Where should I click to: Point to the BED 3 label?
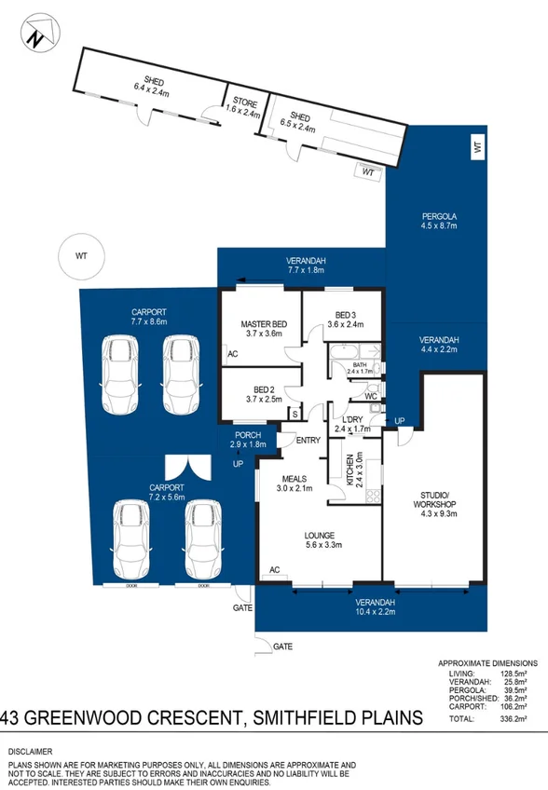[344, 319]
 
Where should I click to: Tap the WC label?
[371, 396]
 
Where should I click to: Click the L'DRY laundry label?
[352, 424]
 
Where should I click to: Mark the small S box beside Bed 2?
[295, 413]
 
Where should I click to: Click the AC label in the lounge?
[275, 569]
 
